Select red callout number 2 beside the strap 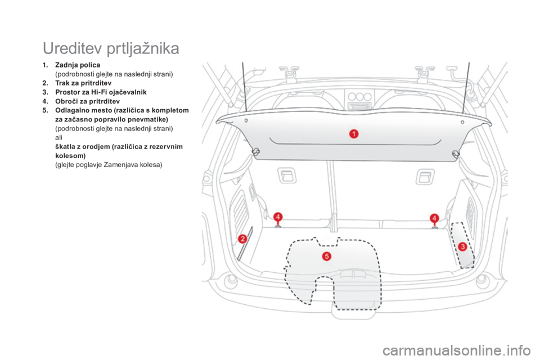(x=243, y=238)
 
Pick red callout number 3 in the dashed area (x=462, y=246)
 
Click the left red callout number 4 (x=277, y=217)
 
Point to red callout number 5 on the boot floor (x=327, y=256)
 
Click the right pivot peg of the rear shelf (x=456, y=154)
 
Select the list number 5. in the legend (x=44, y=111)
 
